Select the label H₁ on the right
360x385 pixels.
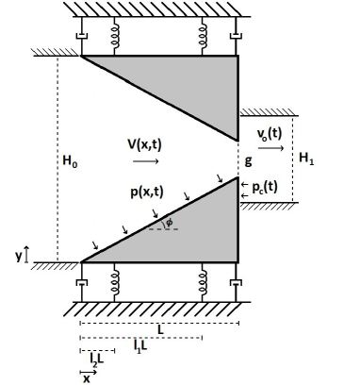[x=307, y=159]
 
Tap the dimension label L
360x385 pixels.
[x=160, y=330]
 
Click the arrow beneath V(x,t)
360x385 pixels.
[x=149, y=161]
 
